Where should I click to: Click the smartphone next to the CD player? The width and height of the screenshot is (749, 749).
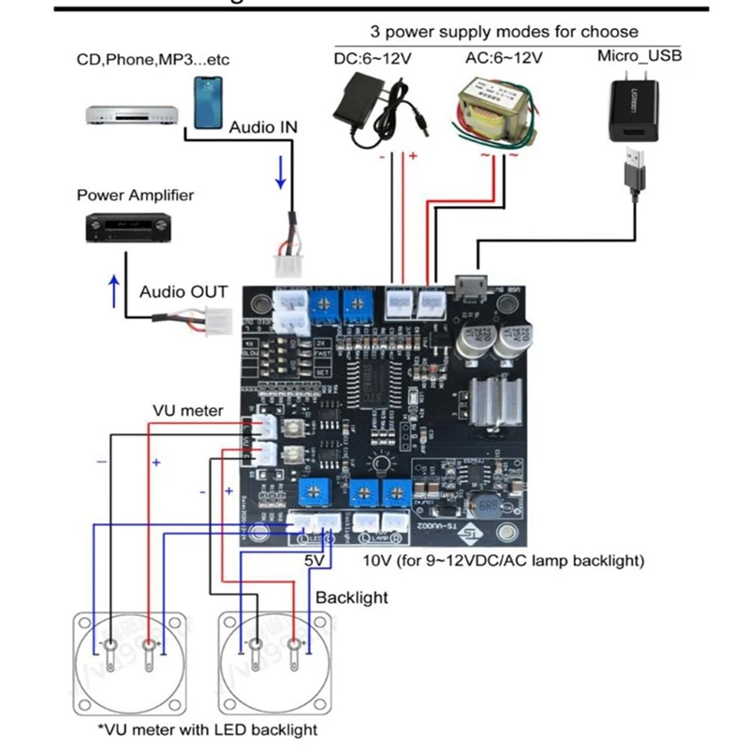click(x=211, y=101)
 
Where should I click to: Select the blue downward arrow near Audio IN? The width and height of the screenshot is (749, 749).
click(x=279, y=171)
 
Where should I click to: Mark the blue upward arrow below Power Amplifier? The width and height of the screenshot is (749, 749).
click(x=114, y=290)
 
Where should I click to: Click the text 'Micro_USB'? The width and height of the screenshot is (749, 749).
click(x=640, y=56)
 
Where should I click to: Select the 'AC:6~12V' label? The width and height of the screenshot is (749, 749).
click(x=504, y=58)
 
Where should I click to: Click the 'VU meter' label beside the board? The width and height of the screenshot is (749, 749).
click(x=189, y=411)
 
